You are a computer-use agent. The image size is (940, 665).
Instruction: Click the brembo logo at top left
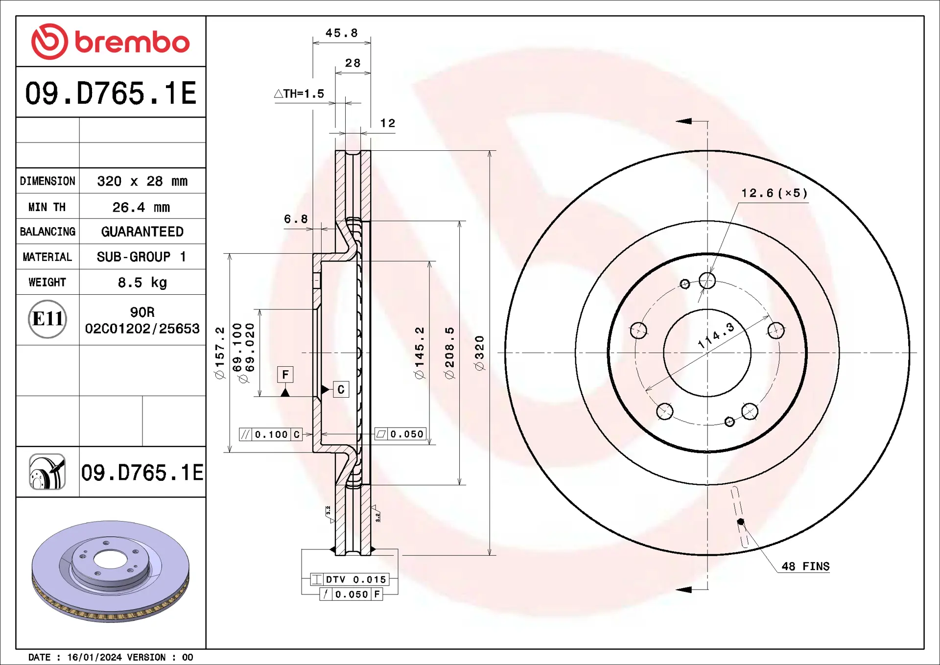[x=110, y=42]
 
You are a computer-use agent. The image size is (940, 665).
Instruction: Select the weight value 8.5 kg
[x=142, y=283]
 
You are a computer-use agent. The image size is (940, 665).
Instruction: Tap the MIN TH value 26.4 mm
[x=141, y=207]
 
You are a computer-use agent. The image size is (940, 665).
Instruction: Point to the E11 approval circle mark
[x=47, y=319]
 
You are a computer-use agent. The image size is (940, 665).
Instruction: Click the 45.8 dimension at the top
[x=342, y=33]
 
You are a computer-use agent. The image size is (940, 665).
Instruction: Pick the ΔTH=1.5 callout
[x=299, y=94]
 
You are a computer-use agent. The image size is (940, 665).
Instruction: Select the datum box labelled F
[x=285, y=375]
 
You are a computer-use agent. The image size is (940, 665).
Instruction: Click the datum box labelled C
[x=341, y=389]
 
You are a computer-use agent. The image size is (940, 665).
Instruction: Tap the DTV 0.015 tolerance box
[x=350, y=579]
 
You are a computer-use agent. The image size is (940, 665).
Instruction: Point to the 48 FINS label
[x=805, y=566]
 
